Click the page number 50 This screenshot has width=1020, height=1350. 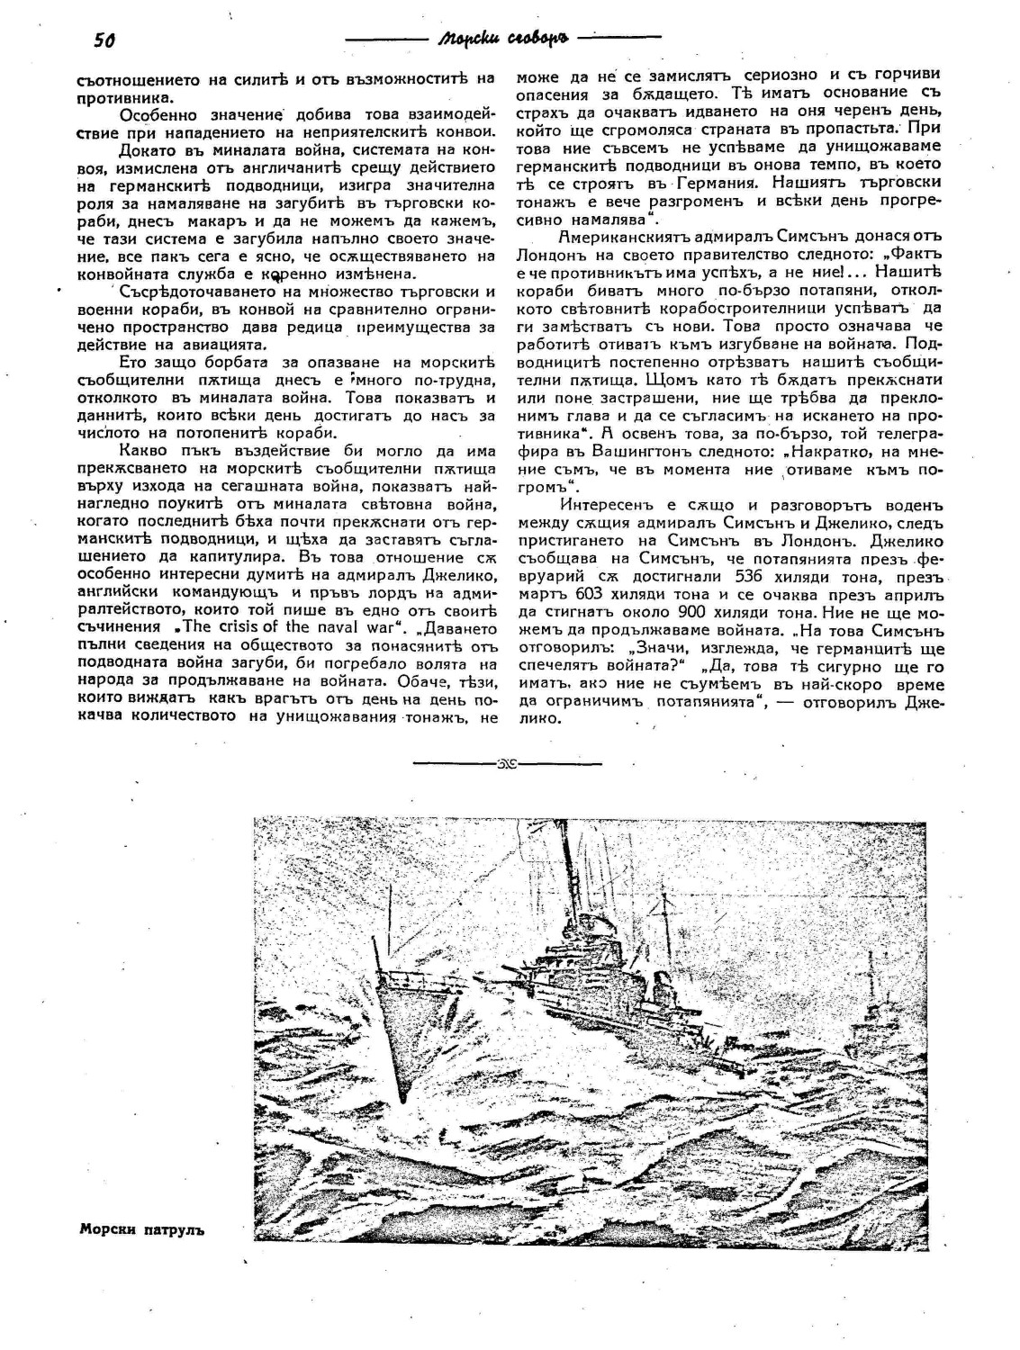click(x=106, y=40)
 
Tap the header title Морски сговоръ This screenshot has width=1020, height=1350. click(x=501, y=40)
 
